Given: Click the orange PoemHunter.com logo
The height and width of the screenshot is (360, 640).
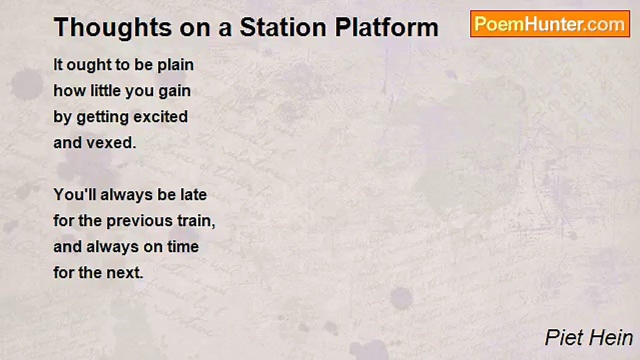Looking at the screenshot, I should [x=550, y=24].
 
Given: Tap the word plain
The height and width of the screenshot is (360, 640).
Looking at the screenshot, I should [x=175, y=65].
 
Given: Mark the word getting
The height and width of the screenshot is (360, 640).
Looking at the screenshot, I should [x=97, y=117].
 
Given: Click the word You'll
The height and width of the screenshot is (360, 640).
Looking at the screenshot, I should [x=75, y=194].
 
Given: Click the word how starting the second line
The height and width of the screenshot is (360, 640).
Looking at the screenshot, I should [x=63, y=91].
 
